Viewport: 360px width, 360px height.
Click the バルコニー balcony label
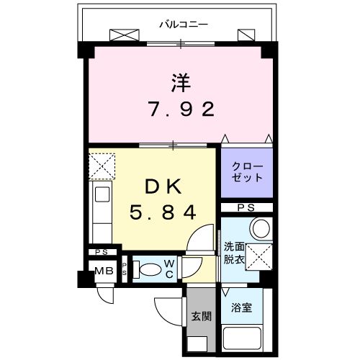click(x=183, y=24)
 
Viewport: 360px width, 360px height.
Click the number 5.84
click(x=162, y=213)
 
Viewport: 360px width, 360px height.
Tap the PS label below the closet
click(x=247, y=207)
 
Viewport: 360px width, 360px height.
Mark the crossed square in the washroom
click(x=258, y=256)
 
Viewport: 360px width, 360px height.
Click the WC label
click(x=168, y=269)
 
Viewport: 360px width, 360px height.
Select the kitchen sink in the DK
click(x=101, y=194)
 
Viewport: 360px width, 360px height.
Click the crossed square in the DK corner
click(x=102, y=166)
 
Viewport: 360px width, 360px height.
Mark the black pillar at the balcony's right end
click(x=269, y=50)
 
